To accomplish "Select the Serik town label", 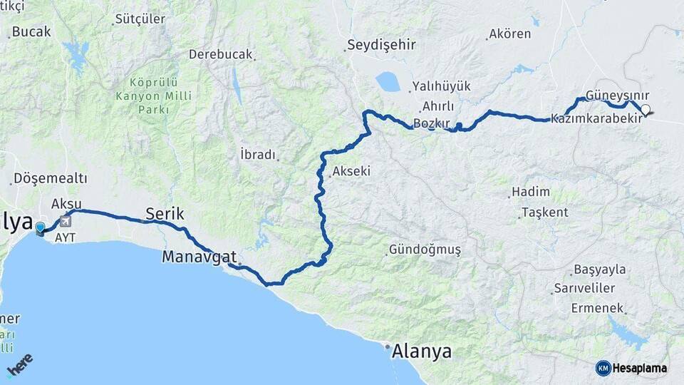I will tap(165, 213).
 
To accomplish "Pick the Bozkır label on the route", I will tap(432, 123).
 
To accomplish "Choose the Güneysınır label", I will tap(618, 96).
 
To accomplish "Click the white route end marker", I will tap(646, 109).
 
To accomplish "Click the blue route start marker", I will tap(41, 228).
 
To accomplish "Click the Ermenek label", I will tap(597, 308).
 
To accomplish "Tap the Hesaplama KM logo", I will tap(633, 368).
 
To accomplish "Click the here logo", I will tap(19, 367).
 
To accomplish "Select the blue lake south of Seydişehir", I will tap(389, 82).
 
